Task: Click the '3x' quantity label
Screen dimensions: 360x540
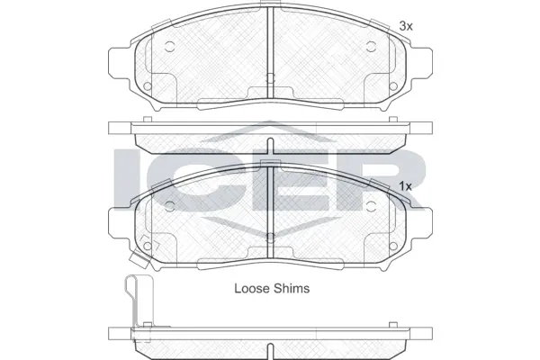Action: coord(405,27)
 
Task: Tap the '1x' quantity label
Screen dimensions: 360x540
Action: coord(405,185)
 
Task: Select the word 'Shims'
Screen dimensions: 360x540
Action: coord(292,289)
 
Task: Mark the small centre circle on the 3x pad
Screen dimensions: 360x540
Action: coord(270,79)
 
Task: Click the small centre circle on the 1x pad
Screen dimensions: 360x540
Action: coord(270,238)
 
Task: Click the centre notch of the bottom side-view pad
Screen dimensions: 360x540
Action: coord(270,348)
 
